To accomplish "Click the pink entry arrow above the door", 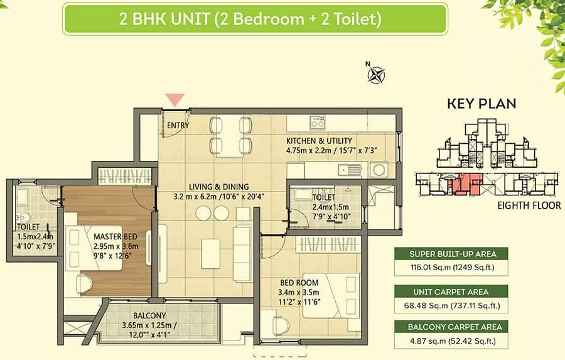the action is (x=175, y=99).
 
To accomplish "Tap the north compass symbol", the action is (x=376, y=75).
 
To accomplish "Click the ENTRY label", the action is (x=178, y=126).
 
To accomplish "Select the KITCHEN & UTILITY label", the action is (x=320, y=141).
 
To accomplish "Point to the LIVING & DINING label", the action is (x=218, y=187).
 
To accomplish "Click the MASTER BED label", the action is (x=116, y=237).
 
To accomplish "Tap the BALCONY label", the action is (x=149, y=315).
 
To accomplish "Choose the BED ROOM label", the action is (x=299, y=283).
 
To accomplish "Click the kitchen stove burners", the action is (x=318, y=123).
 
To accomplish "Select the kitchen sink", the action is (x=349, y=170).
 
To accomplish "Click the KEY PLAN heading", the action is (x=482, y=104).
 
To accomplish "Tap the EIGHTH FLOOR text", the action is (x=529, y=205).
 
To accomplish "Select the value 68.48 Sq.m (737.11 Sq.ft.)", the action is (x=452, y=306).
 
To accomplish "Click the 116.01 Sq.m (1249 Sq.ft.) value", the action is (x=452, y=268).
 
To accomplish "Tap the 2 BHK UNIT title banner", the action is (x=255, y=19).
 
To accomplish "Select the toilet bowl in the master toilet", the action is (x=23, y=217).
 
